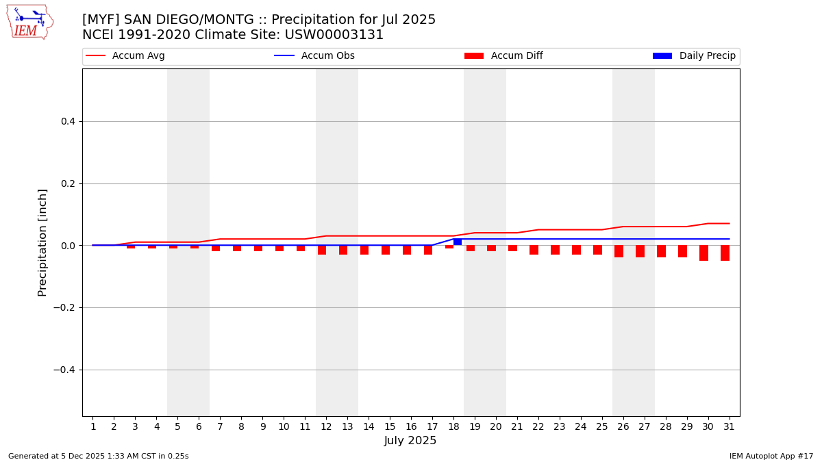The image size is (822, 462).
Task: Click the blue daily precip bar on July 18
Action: pos(458,242)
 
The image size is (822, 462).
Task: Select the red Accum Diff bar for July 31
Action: pos(725,253)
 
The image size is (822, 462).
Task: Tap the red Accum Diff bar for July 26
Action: pos(619,251)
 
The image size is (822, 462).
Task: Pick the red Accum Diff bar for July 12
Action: pos(322,250)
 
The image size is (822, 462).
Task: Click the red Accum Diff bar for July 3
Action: pos(131,246)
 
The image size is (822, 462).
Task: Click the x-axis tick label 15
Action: pos(390,427)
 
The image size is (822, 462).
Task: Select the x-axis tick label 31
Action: pos(729,427)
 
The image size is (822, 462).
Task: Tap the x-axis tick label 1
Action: pos(93,427)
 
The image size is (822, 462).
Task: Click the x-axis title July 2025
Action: pos(410,441)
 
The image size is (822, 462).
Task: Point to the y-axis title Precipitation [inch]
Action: pos(42,242)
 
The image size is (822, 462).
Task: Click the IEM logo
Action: pos(29,22)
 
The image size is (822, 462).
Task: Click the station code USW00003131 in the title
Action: pos(336,35)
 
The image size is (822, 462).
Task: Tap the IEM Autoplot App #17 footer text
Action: pos(771,456)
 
